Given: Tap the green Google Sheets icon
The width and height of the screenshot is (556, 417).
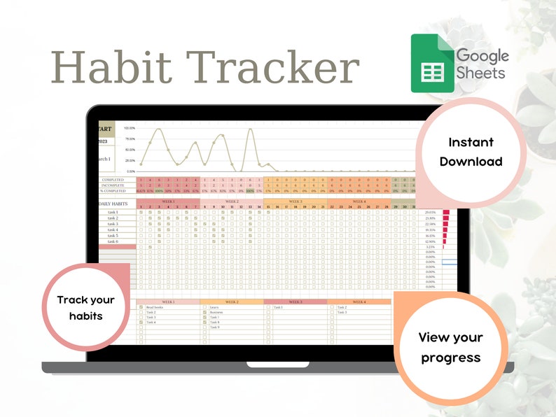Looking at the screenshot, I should tap(429, 64).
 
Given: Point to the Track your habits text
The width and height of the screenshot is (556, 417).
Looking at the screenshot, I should tap(85, 308).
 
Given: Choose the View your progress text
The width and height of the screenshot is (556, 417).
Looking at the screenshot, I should tap(450, 347).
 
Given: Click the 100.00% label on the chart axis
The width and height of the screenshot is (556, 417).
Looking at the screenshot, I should tap(130, 129).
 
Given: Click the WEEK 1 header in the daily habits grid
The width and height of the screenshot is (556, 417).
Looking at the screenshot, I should tap(169, 201).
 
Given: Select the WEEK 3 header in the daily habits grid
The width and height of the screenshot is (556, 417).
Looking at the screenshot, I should tap(295, 201).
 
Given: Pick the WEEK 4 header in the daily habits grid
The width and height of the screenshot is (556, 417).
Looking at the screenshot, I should tap(359, 201).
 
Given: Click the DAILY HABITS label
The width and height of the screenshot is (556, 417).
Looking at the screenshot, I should tap(115, 204).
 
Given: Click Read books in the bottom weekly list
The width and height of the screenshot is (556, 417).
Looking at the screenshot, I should tap(155, 307).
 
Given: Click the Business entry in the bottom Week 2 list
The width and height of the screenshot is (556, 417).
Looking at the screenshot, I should tap(216, 312).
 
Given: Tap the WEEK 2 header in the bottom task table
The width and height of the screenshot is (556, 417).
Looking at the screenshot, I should tap(231, 302).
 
